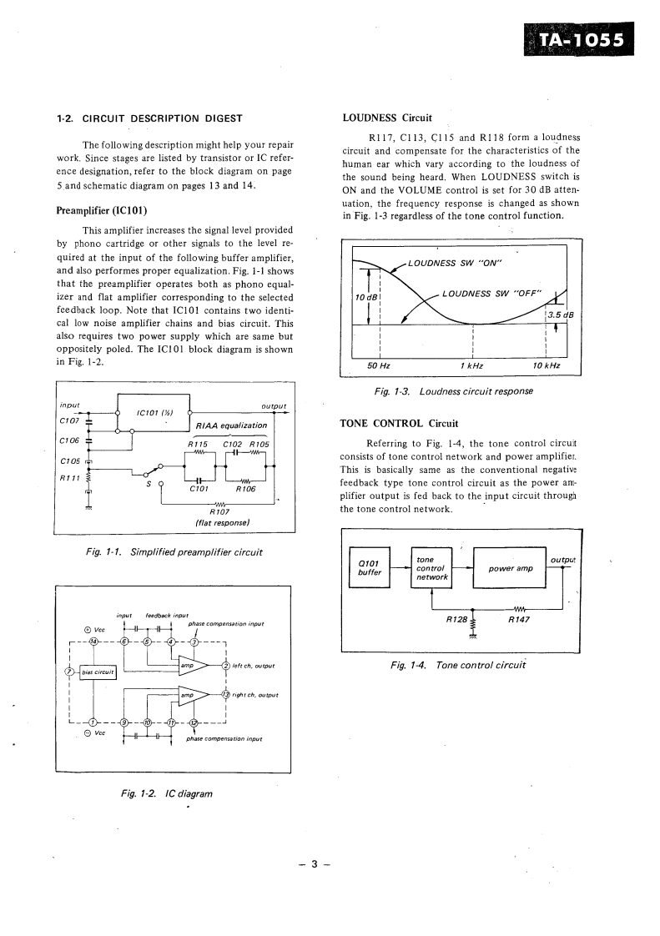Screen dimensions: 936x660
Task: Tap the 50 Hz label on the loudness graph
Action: [x=380, y=365]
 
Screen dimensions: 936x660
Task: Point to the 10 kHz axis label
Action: [x=546, y=365]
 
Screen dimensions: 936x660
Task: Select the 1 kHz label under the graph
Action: [x=471, y=365]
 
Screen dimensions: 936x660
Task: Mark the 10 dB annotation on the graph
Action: [x=366, y=297]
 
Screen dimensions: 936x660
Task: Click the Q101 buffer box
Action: [x=369, y=567]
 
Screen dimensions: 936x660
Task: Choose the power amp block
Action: [x=510, y=568]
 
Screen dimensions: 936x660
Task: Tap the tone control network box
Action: [x=431, y=567]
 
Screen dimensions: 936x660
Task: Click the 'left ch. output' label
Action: [x=254, y=665]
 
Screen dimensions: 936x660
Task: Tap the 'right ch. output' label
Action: [x=255, y=695]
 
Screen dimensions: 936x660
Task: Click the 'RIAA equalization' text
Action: [x=231, y=425]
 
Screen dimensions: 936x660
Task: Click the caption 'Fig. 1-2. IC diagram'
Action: [x=167, y=793]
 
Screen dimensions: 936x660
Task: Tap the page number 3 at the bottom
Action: [x=315, y=863]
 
